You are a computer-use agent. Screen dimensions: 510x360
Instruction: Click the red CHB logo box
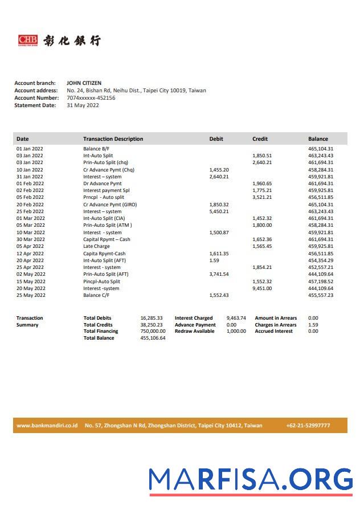(28, 40)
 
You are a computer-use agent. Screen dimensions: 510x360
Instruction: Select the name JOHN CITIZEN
(84, 83)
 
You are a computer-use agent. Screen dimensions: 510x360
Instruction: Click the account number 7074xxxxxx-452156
(91, 98)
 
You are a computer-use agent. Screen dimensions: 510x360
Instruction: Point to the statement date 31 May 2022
(83, 105)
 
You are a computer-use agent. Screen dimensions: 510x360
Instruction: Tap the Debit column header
(216, 139)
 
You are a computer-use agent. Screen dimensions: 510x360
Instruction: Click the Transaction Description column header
(113, 139)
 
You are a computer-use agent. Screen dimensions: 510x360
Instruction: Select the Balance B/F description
(96, 149)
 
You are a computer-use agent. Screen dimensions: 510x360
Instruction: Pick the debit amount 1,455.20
(219, 170)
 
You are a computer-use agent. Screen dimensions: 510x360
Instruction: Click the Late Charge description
(96, 247)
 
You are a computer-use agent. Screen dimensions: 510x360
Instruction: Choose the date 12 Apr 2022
(30, 254)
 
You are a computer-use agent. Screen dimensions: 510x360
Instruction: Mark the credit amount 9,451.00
(262, 288)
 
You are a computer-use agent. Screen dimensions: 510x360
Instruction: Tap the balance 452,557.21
(321, 267)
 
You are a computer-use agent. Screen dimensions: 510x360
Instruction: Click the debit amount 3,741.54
(219, 274)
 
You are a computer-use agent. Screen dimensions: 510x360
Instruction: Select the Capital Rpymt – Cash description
(107, 239)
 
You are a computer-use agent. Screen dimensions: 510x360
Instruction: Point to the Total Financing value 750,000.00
(153, 331)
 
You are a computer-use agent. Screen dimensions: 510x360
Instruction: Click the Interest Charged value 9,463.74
(236, 318)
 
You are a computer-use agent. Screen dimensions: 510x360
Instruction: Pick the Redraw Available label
(194, 331)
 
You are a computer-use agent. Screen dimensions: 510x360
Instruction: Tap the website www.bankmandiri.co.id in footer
(47, 426)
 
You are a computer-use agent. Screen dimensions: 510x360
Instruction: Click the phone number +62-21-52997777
(308, 426)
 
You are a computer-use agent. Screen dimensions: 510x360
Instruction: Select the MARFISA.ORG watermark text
(251, 480)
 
